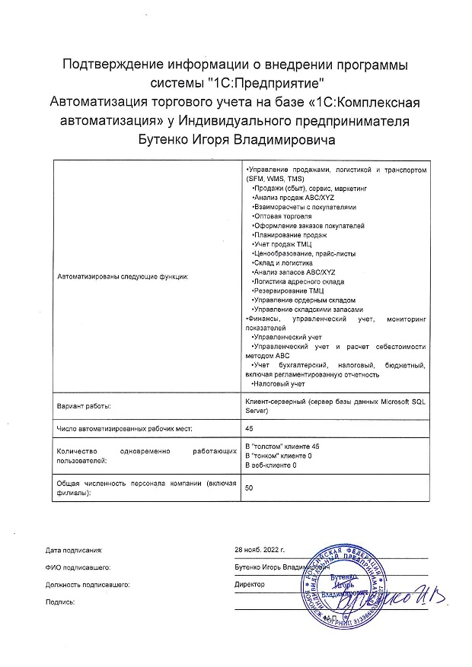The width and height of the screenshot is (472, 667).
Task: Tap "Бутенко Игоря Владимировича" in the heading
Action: click(x=235, y=139)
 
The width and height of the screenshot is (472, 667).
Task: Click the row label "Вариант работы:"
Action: click(x=85, y=405)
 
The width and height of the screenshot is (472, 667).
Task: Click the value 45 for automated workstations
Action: click(x=248, y=427)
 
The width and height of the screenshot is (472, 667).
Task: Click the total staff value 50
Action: click(x=248, y=488)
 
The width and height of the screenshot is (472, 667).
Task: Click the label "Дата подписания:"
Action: click(x=73, y=549)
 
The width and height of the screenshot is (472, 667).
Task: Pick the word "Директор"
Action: click(x=250, y=584)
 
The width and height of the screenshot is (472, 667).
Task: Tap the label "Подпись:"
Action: click(x=60, y=602)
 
